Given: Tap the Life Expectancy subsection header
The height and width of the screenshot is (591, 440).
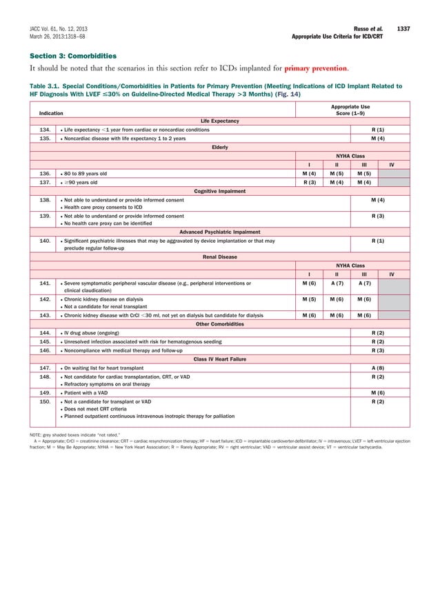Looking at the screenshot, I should click(x=220, y=121).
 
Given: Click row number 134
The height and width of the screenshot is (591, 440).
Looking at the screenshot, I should click(x=43, y=130).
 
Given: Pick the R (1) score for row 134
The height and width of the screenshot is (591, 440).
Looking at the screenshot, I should click(x=378, y=130).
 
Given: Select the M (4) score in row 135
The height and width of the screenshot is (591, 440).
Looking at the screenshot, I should click(x=378, y=138).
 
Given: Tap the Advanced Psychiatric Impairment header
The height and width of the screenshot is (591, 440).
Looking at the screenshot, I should click(x=220, y=232).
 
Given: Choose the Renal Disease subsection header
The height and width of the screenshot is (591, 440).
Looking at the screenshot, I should click(x=220, y=257).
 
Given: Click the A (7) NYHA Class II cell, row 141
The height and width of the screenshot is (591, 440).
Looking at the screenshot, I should click(x=337, y=283).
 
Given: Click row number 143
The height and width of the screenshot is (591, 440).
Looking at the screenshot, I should click(x=43, y=315).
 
